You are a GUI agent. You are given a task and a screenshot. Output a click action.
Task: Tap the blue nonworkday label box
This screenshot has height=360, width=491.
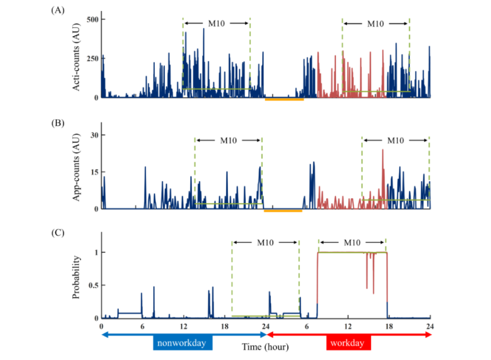click(x=183, y=343)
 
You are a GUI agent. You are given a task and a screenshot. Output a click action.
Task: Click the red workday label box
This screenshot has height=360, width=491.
click(x=349, y=343)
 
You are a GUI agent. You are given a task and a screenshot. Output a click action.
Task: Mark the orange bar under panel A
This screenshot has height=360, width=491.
click(x=284, y=100)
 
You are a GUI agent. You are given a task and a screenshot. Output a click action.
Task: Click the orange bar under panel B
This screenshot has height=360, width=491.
click(x=283, y=210)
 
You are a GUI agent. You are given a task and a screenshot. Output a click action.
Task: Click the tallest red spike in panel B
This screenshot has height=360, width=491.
click(x=383, y=151)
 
